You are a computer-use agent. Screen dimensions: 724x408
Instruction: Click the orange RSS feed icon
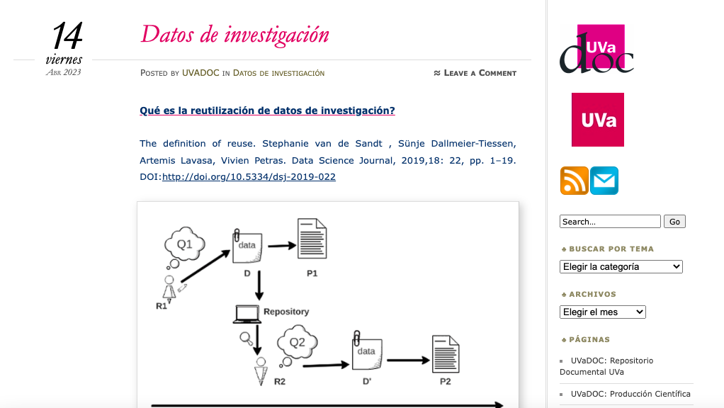pos(574,181)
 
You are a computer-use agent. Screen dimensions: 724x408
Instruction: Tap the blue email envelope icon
pos(604,181)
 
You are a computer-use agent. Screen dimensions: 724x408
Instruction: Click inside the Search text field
pos(610,222)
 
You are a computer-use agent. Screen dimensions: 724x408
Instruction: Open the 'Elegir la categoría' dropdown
pos(621,267)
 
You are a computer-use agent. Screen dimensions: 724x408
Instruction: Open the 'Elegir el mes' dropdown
pos(603,312)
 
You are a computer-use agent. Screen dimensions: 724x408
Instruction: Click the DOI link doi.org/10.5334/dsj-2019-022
pos(249,177)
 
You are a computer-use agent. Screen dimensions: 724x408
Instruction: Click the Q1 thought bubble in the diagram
pos(185,244)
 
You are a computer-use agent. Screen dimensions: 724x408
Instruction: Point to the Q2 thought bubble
pos(297,342)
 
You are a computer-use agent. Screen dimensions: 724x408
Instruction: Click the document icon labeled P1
pos(312,239)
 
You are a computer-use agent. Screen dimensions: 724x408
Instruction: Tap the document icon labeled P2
pos(446,354)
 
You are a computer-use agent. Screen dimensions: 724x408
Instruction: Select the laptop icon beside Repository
pos(247,314)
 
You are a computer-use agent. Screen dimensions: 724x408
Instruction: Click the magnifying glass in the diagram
pos(246,339)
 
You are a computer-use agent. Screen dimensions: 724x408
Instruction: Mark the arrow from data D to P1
pos(282,246)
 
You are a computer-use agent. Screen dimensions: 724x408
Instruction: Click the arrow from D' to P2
pos(408,360)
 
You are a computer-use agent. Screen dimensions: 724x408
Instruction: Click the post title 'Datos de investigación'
pos(234,35)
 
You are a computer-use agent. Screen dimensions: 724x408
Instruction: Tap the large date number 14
pos(67,36)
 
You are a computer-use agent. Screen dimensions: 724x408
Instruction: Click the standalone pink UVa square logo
pos(598,120)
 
